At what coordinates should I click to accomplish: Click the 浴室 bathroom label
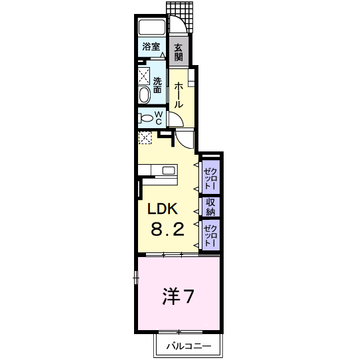click(151, 46)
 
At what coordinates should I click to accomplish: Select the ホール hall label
click(179, 95)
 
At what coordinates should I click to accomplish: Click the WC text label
click(159, 118)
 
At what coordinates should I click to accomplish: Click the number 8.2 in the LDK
click(167, 230)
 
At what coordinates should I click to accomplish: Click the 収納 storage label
click(210, 207)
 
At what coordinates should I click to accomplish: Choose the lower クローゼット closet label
click(210, 236)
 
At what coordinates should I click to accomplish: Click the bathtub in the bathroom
click(152, 29)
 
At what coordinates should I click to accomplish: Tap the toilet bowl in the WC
click(145, 118)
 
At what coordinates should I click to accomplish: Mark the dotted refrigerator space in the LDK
click(145, 137)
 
